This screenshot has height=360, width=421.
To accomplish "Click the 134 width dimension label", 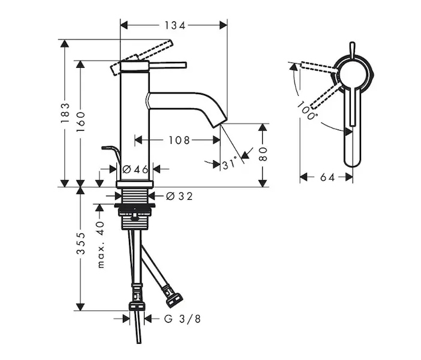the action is [175, 26].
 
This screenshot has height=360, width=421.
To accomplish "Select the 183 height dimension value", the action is [65, 113].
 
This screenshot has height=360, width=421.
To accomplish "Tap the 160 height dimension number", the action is [80, 121].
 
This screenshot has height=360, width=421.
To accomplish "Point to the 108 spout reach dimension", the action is [179, 140].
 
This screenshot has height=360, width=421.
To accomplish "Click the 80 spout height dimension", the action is [263, 154].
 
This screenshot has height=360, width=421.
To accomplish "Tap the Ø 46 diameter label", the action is [136, 170].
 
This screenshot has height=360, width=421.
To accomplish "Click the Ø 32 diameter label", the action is [179, 196].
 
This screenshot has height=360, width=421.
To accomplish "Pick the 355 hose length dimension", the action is [80, 244].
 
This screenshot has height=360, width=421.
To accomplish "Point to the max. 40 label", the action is [101, 245].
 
